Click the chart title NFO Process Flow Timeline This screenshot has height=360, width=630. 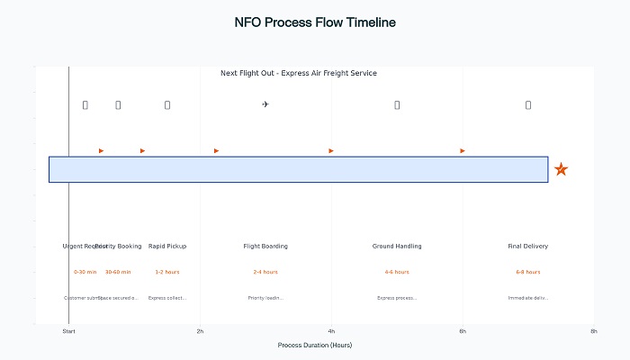click(x=314, y=22)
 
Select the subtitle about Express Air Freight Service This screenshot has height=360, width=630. click(x=299, y=73)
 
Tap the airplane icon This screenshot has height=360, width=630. click(x=265, y=104)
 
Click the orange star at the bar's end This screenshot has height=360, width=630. click(x=562, y=169)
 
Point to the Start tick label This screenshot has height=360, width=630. click(x=68, y=332)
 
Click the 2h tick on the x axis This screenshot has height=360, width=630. click(x=200, y=332)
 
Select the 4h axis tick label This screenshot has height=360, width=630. click(x=331, y=332)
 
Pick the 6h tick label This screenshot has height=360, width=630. click(x=463, y=332)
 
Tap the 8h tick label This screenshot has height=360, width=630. click(x=594, y=332)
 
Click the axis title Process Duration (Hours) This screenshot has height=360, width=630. click(x=315, y=345)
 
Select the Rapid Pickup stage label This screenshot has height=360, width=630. click(x=167, y=246)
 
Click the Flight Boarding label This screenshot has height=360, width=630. click(x=265, y=246)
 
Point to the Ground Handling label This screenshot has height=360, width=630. click(x=397, y=246)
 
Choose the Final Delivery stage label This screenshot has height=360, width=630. click(x=528, y=246)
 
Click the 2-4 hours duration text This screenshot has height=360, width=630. click(x=265, y=272)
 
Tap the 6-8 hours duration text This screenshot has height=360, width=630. click(x=528, y=272)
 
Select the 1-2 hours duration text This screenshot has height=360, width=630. click(x=167, y=272)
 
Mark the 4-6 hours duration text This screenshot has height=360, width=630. click(x=397, y=272)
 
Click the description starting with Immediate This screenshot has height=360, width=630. click(x=528, y=298)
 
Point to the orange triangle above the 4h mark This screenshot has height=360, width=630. click(x=331, y=150)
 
